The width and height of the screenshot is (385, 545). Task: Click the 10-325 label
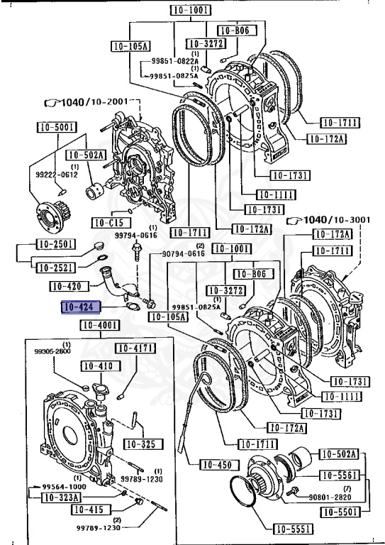pos(143,444)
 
